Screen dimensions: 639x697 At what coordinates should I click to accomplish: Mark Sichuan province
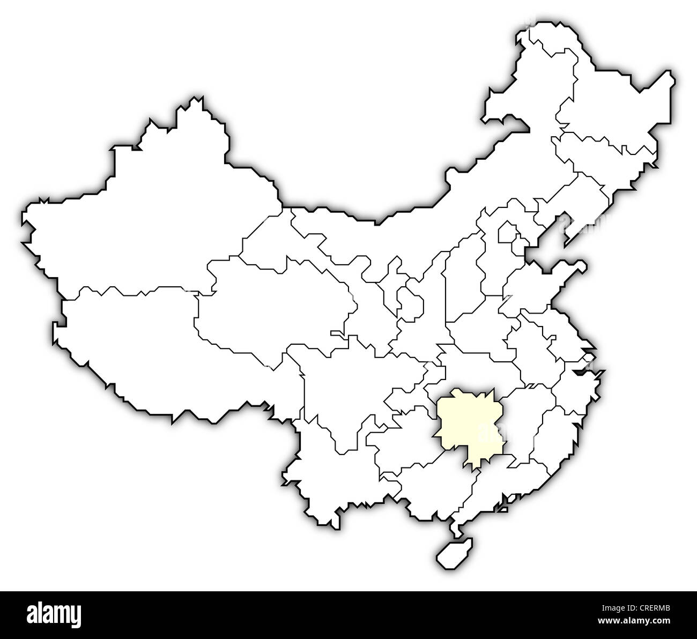pos(349,386)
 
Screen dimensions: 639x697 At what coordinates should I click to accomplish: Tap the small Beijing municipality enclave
pos(507,233)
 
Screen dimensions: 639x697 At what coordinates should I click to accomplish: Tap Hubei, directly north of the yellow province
pos(477,370)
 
